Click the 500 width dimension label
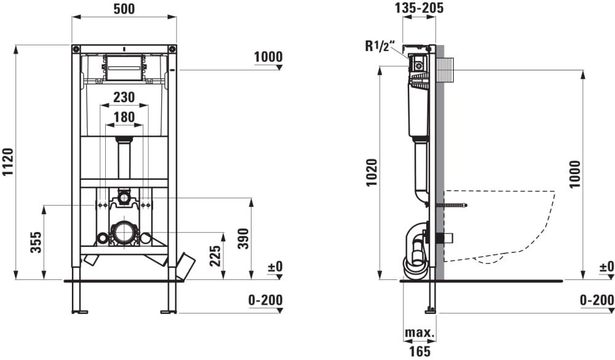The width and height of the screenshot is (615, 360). (x=124, y=9)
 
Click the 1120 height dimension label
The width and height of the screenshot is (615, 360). (x=8, y=162)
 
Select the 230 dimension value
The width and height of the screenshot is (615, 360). (x=124, y=97)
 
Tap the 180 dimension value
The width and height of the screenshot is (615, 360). (x=124, y=117)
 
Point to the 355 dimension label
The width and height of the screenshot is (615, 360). (x=36, y=242)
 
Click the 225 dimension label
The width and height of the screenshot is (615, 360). (x=215, y=256)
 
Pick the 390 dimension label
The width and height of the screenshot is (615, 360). (x=243, y=239)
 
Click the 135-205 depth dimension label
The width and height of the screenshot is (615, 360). (x=419, y=8)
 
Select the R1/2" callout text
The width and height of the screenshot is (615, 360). (x=378, y=46)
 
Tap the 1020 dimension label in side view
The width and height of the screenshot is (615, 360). (x=371, y=173)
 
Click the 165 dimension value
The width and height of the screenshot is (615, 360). (x=419, y=351)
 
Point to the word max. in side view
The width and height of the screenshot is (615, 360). (x=419, y=333)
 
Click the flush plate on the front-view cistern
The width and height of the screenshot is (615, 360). (x=124, y=68)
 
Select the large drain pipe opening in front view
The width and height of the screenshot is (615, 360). (x=124, y=233)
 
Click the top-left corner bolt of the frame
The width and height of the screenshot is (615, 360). (x=76, y=49)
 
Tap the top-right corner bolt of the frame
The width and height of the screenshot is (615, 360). (x=172, y=49)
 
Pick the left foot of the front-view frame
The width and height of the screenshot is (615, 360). (x=79, y=312)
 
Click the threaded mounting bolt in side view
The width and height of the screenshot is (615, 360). (x=451, y=205)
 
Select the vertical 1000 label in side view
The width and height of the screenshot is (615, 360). (x=575, y=174)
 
